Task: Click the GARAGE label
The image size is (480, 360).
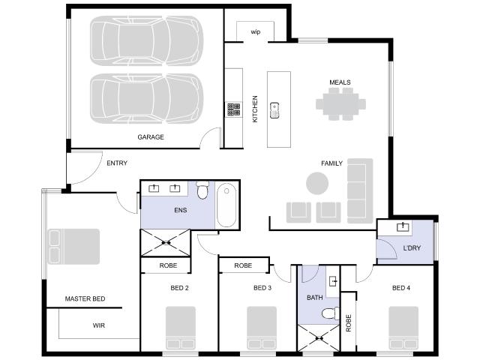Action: click(151, 136)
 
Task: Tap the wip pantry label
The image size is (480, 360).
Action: click(256, 31)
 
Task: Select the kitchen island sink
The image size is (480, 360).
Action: click(274, 110)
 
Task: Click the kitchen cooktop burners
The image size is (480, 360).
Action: click(233, 109)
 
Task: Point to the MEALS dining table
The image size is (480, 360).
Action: click(340, 104)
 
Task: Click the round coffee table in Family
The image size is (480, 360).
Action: click(317, 183)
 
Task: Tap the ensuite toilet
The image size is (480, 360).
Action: click(202, 190)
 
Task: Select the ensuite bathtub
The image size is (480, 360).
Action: click(226, 205)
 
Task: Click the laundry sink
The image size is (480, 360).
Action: click(403, 226)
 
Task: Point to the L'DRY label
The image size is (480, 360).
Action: click(412, 248)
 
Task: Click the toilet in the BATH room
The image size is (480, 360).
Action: click(331, 313)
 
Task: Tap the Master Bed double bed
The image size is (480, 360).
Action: click(73, 247)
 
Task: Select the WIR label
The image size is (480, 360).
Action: click(98, 325)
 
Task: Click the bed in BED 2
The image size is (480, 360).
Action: click(181, 328)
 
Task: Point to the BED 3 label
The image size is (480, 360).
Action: click(262, 288)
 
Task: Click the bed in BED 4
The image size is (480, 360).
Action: click(403, 328)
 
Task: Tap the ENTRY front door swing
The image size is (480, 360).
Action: click(91, 172)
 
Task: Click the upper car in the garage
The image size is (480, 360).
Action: click(147, 40)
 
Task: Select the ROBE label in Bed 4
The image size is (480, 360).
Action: click(348, 323)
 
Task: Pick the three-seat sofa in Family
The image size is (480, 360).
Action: click(360, 191)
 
